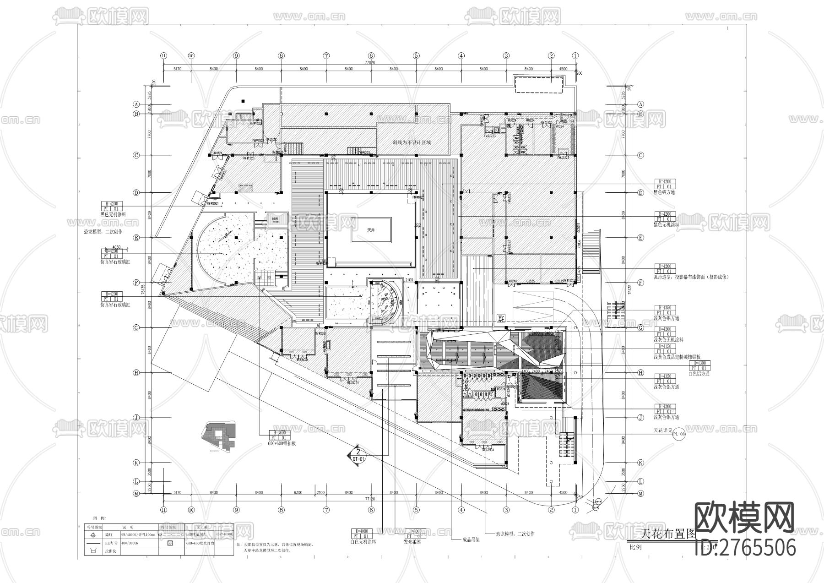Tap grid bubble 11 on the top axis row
[x=163, y=55]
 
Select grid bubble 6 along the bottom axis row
[x=371, y=510]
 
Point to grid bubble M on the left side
[x=136, y=493]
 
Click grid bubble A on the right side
[x=641, y=104]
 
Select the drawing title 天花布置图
[x=667, y=534]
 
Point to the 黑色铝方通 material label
[x=664, y=192]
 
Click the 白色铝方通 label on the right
[x=699, y=374]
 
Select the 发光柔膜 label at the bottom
[x=412, y=542]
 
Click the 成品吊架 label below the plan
[x=472, y=539]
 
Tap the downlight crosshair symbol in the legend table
[x=93, y=534]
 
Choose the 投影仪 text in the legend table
[x=111, y=551]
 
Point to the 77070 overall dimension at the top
[x=370, y=62]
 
